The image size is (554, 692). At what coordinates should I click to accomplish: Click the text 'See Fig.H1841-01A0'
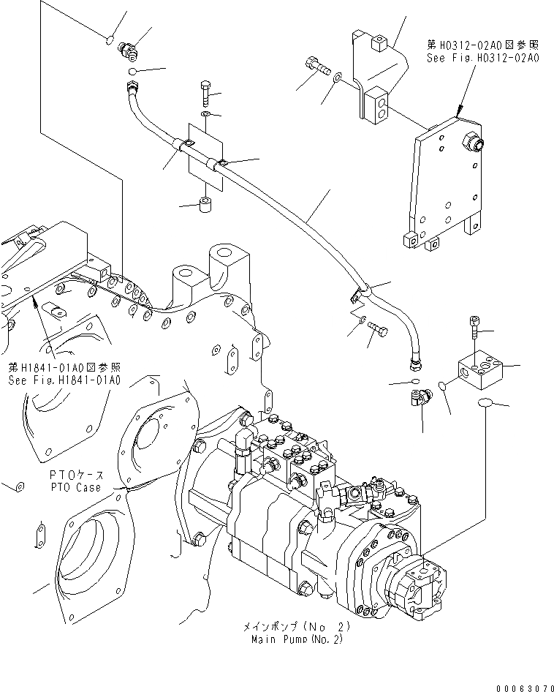[x=64, y=380]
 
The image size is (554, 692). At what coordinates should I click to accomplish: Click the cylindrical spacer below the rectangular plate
[x=205, y=203]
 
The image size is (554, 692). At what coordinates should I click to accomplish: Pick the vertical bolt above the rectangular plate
[x=205, y=94]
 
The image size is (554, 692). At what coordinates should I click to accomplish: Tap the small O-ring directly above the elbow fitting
[x=414, y=381]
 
